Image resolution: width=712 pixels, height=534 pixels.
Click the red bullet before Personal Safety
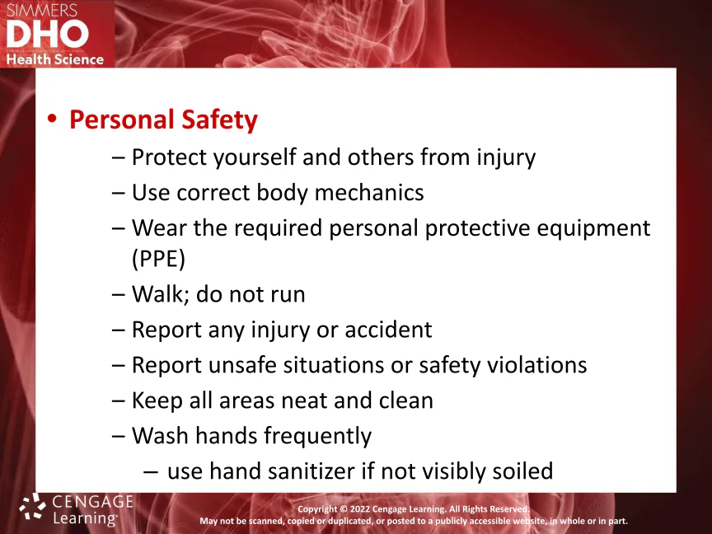(x=52, y=119)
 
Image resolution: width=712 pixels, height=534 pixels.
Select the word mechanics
(x=369, y=192)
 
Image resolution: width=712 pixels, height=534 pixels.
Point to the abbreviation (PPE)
(x=158, y=259)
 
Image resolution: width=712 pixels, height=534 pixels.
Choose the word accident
(x=388, y=329)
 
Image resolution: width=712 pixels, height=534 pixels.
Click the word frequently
(x=318, y=437)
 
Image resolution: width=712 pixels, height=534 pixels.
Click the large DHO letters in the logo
(x=47, y=35)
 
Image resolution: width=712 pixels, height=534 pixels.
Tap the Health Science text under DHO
(x=55, y=59)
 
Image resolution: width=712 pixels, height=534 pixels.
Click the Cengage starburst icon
(x=32, y=506)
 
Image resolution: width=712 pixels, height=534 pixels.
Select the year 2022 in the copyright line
(x=359, y=509)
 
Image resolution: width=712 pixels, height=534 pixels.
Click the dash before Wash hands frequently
(x=118, y=437)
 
